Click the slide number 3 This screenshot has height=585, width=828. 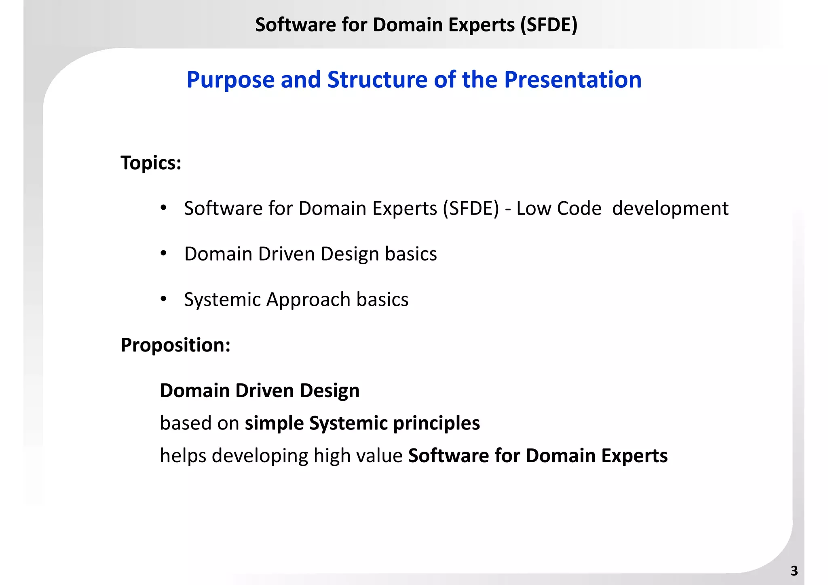coord(794,571)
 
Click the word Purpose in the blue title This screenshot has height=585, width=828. coord(230,80)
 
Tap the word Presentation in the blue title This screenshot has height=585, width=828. coord(572,80)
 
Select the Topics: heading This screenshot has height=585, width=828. coord(151,163)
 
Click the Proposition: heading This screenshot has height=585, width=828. coord(175,345)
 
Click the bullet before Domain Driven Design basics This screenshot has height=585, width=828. coord(163,254)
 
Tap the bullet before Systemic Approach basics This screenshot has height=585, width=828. coord(163,299)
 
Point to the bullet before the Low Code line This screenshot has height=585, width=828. coord(163,208)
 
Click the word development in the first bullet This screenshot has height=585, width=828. coord(670,209)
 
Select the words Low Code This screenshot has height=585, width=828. coord(559,209)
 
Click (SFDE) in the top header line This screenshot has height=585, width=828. coord(549,25)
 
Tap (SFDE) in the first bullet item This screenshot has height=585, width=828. coord(471,209)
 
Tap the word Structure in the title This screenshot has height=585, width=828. coord(377,80)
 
